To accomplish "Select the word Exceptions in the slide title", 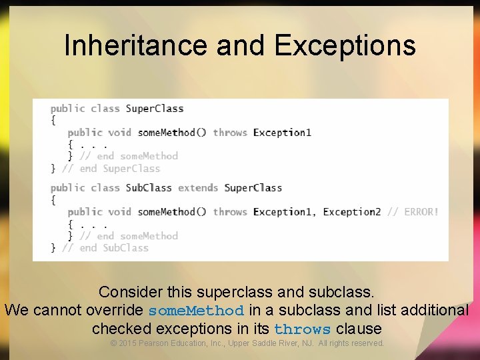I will coord(345,45).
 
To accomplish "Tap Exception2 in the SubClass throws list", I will coord(352,212).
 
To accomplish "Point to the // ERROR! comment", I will coord(413,212).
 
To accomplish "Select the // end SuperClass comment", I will coord(111,169).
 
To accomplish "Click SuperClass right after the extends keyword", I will coord(253,188).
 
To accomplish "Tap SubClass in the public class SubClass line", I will coord(149,188).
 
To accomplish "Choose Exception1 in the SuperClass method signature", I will coord(282,133).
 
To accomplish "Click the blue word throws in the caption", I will coord(302,329).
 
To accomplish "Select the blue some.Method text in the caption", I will coord(196,311).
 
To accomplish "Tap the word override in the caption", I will coord(118,311).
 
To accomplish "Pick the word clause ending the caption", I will coord(359,329).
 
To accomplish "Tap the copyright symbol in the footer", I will coord(113,343).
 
